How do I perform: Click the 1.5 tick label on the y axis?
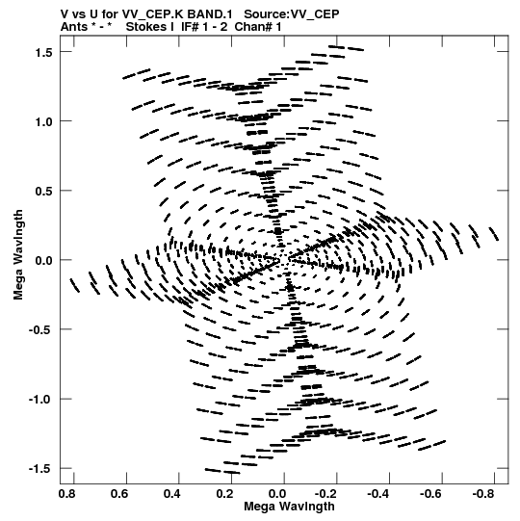pyautogui.click(x=44, y=52)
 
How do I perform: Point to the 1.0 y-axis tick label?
pyautogui.click(x=44, y=121)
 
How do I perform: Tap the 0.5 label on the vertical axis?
pyautogui.click(x=44, y=191)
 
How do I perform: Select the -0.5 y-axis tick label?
pyautogui.click(x=40, y=330)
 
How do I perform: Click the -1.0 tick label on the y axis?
pyautogui.click(x=40, y=400)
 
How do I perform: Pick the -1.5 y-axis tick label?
pyautogui.click(x=40, y=469)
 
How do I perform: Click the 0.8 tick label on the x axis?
pyautogui.click(x=66, y=494)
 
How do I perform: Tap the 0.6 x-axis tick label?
pyautogui.click(x=119, y=494)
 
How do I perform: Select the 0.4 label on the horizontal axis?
pyautogui.click(x=172, y=494)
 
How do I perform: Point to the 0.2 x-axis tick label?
pyautogui.click(x=224, y=494)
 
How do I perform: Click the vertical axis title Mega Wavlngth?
pyautogui.click(x=18, y=255)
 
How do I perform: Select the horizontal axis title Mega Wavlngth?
pyautogui.click(x=289, y=507)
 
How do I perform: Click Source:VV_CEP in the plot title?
pyautogui.click(x=292, y=14)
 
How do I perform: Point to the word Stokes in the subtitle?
pyautogui.click(x=146, y=27)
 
